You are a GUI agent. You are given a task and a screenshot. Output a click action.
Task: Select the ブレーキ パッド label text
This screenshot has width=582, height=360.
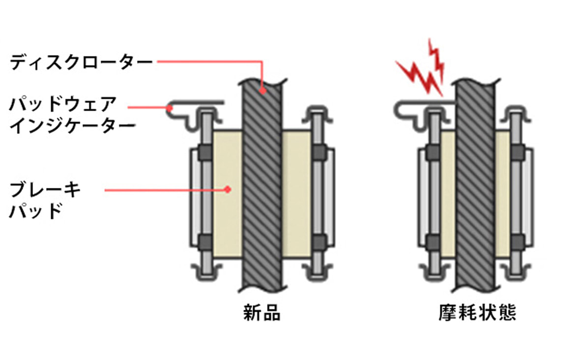[44, 199]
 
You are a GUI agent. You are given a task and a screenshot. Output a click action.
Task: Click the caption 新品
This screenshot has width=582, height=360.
[262, 312]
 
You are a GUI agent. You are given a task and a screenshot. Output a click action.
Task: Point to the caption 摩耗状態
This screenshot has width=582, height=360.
[477, 312]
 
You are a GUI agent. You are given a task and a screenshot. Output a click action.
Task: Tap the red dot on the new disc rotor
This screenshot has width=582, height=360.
[263, 90]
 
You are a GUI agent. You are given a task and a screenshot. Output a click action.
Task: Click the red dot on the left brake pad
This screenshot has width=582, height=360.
[227, 188]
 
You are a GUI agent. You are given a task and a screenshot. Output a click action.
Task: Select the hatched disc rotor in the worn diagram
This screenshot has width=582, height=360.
[474, 187]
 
